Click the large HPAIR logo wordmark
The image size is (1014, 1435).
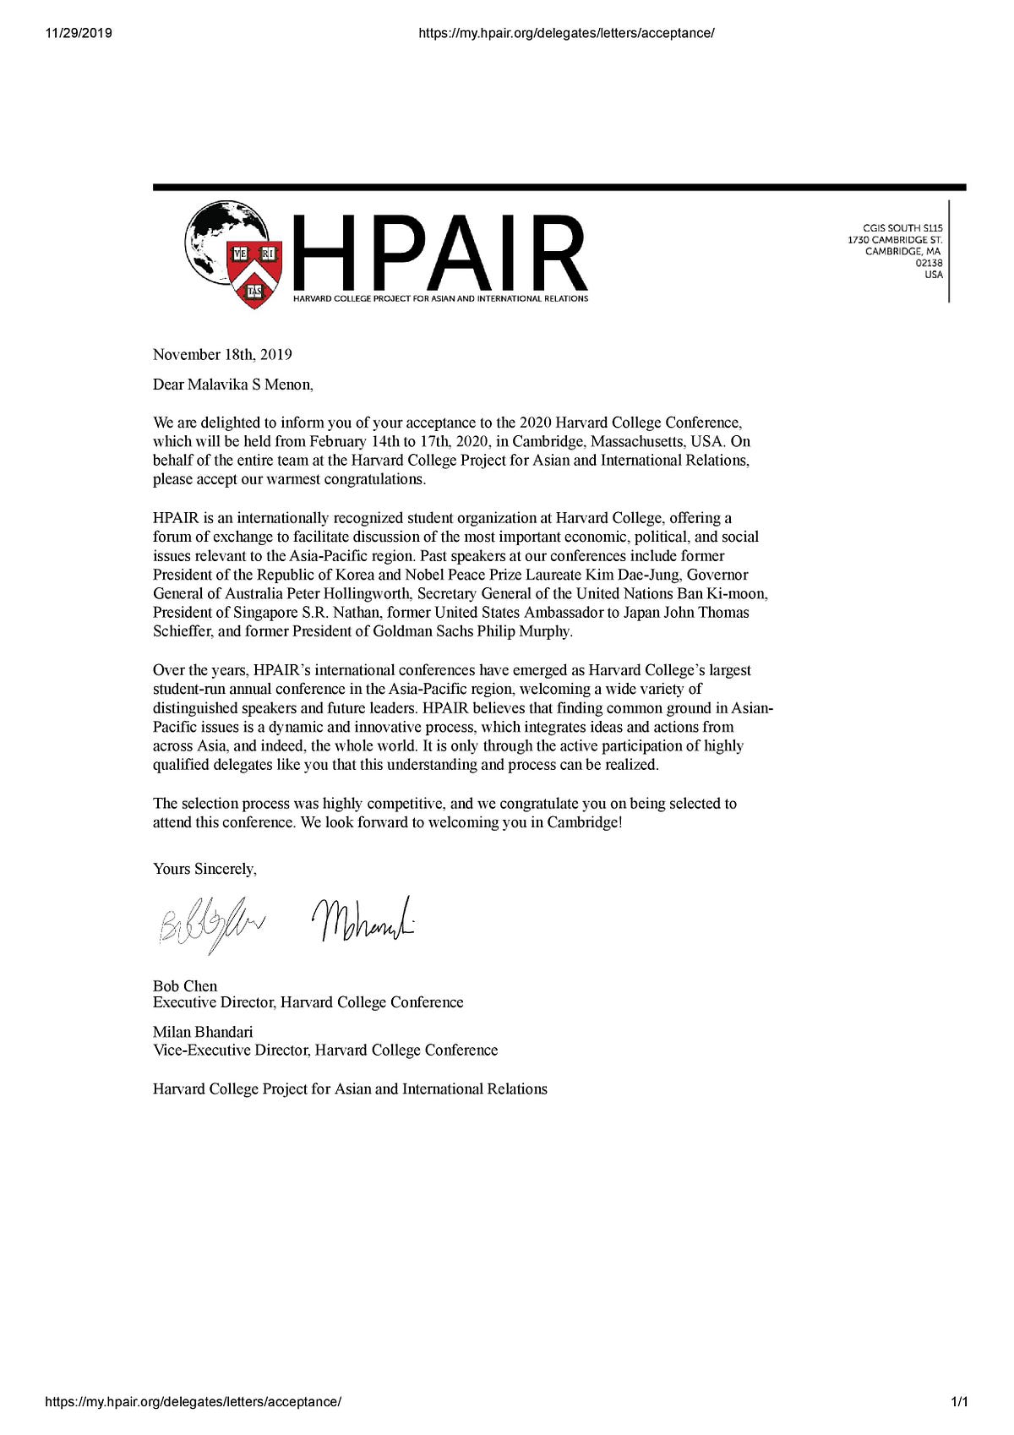[x=439, y=253]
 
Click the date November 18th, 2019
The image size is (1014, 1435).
[x=222, y=354]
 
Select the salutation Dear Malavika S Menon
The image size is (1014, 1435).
[x=232, y=385]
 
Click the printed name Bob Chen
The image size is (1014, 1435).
[x=185, y=986]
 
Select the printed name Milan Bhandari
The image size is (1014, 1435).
[x=203, y=1032]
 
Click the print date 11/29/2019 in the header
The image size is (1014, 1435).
[x=79, y=33]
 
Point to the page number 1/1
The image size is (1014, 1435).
[x=959, y=1402]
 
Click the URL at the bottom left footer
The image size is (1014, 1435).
[x=194, y=1402]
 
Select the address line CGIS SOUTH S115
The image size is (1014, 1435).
[x=902, y=227]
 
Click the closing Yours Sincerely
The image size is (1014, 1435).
[x=204, y=869]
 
